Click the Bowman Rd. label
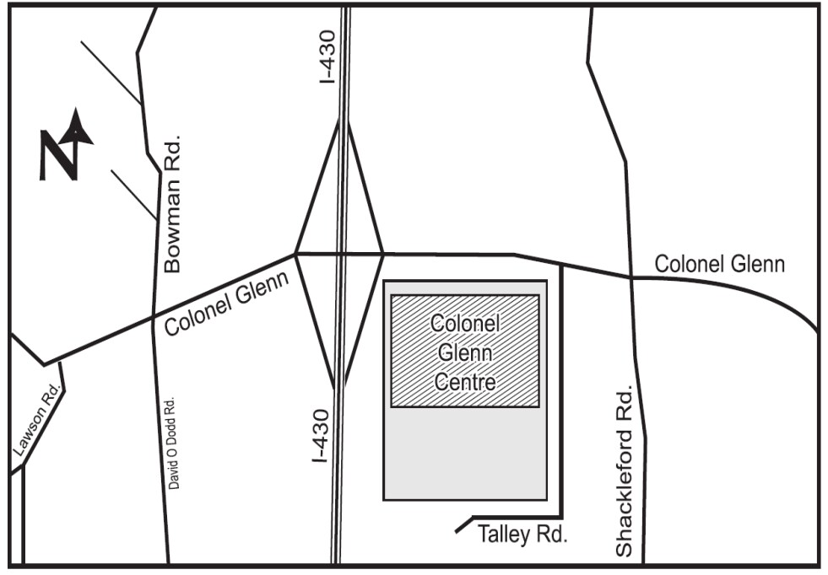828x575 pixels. pyautogui.click(x=172, y=202)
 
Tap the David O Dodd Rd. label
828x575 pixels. pyautogui.click(x=175, y=443)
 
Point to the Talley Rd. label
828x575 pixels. pyautogui.click(x=522, y=535)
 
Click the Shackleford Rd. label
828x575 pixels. pyautogui.click(x=625, y=472)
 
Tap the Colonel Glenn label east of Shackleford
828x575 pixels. pyautogui.click(x=720, y=265)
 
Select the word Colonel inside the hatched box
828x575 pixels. pyautogui.click(x=465, y=324)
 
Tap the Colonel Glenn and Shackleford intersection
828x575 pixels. pyautogui.click(x=631, y=277)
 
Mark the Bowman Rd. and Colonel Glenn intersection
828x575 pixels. pyautogui.click(x=153, y=316)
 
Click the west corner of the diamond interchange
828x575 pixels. pyautogui.click(x=295, y=253)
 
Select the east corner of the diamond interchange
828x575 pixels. pyautogui.click(x=383, y=253)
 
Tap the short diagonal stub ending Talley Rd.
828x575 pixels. pyautogui.click(x=463, y=525)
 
